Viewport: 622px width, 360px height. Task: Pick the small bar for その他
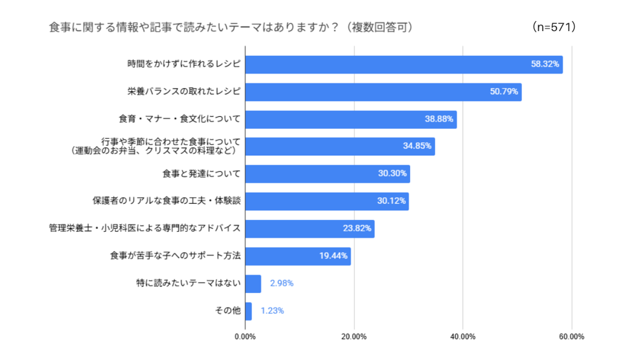pos(248,311)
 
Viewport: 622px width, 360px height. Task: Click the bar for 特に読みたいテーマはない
pos(253,283)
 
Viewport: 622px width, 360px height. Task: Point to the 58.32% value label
pos(545,65)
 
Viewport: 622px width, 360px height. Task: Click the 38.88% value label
pos(439,119)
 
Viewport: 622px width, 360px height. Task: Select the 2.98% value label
pos(282,283)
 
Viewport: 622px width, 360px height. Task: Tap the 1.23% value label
pos(272,311)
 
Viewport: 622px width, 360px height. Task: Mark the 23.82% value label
pos(357,229)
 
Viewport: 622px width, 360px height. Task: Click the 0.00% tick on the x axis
pos(245,337)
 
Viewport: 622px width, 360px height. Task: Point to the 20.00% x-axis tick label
pos(354,337)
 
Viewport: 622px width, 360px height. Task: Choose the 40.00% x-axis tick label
pos(463,337)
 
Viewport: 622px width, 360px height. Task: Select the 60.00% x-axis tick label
pos(572,337)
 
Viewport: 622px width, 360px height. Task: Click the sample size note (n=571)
pos(553,28)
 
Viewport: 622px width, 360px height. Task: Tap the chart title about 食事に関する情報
pos(230,28)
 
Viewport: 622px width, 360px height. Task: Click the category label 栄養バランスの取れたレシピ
pos(184,92)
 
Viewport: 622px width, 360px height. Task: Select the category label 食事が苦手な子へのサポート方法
pos(175,256)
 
